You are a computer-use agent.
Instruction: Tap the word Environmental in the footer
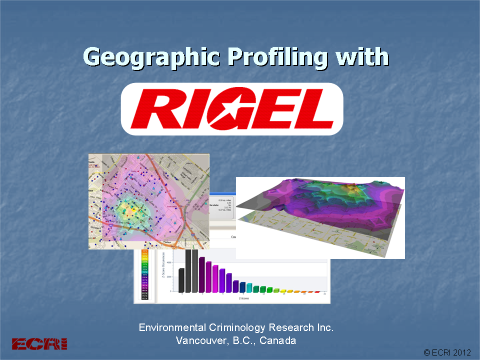point(182,327)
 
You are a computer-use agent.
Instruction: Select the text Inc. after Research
point(342,327)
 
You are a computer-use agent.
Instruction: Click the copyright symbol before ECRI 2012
point(427,352)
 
